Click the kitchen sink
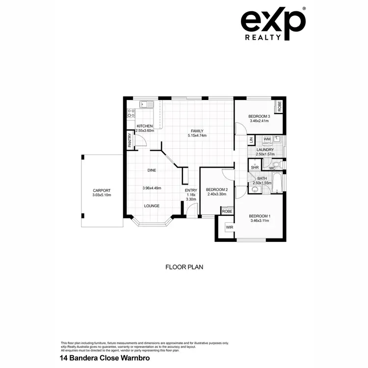coord(146,104)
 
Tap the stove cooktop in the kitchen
coord(131,114)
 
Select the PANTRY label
coord(130,141)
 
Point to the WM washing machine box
coord(266,140)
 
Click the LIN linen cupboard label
coord(251,140)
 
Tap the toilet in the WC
coord(276,164)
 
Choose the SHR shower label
coord(254,168)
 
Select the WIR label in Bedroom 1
coord(229,228)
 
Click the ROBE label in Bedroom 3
coord(279,106)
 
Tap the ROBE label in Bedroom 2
coord(227,211)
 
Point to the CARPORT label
coord(102,191)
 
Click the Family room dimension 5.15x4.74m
coord(197,136)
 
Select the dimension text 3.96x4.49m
coord(152,188)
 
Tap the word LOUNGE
coord(151,206)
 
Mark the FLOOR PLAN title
coord(184,267)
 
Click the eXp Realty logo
coord(273,23)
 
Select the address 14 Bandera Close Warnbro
coord(104,358)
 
